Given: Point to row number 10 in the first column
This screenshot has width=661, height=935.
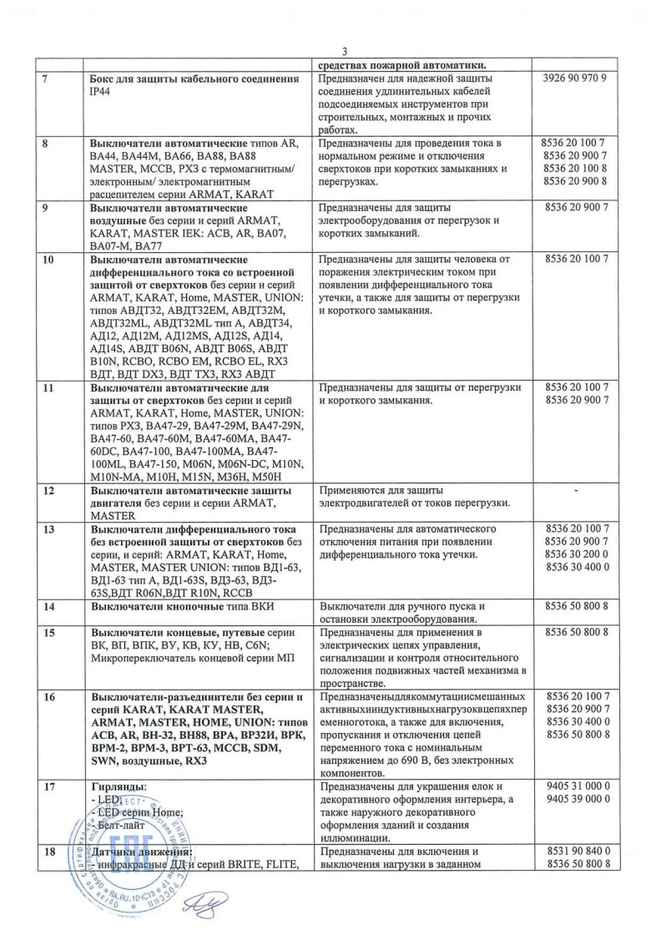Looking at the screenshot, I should click(x=48, y=259).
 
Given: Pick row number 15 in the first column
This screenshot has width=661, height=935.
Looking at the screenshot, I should click(x=48, y=632).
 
